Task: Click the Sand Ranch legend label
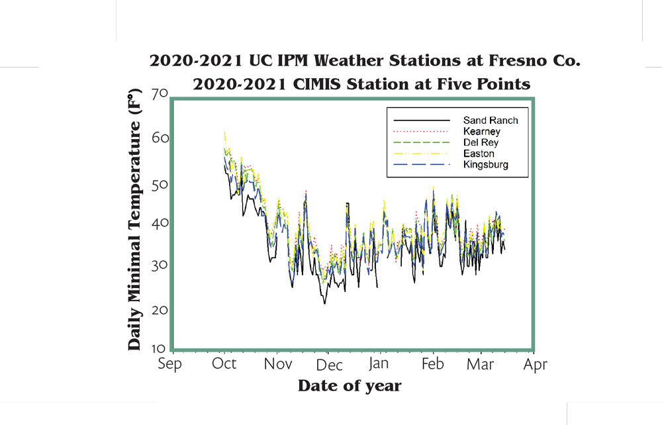point(490,120)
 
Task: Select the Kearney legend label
point(482,131)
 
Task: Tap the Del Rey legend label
point(481,142)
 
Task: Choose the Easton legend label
point(479,153)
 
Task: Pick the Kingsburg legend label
point(485,165)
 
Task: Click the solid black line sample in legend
point(422,120)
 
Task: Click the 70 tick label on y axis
point(160,93)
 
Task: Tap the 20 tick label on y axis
point(160,310)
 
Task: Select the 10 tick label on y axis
point(159,349)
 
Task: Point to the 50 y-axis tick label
point(160,185)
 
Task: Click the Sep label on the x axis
point(169,364)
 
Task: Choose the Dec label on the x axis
point(329,365)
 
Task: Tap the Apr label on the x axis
point(536,365)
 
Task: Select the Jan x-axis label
point(378,363)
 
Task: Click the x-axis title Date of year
point(350,386)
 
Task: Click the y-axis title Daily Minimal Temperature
point(134,220)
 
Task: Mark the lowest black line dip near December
point(324,303)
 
